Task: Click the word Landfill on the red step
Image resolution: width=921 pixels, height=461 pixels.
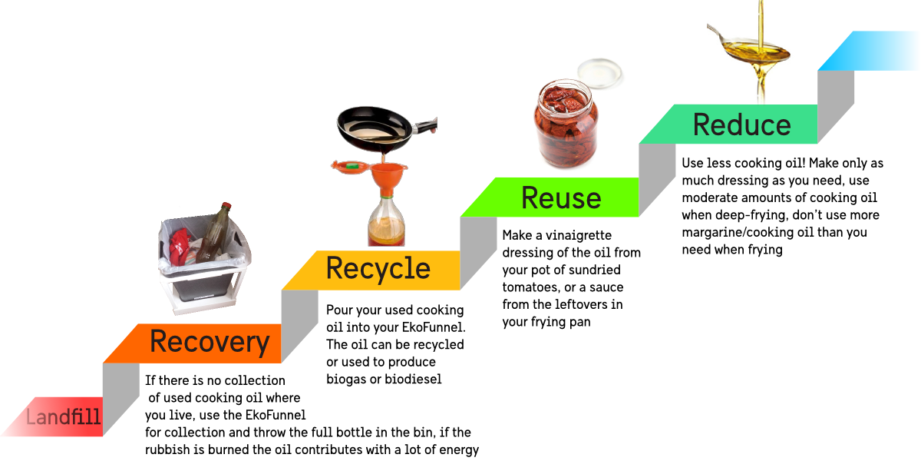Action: point(64,419)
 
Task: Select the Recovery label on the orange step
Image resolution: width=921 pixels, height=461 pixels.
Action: point(210,342)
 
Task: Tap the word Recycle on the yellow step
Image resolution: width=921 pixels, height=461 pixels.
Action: point(378,268)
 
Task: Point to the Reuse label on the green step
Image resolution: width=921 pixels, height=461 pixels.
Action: point(561,198)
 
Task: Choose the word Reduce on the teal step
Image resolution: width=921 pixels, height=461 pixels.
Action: point(741,124)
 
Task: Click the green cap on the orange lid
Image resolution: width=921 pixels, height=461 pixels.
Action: point(352,164)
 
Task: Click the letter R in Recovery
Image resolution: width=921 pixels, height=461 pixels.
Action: point(160,342)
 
